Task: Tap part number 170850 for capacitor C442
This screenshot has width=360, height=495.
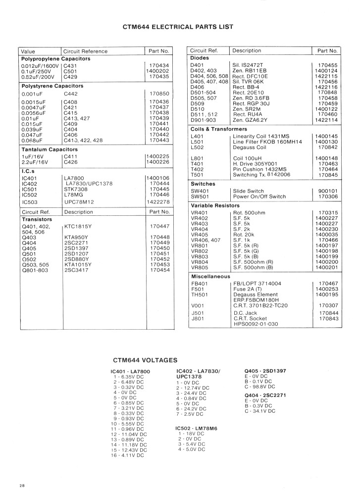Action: pyautogui.click(x=159, y=93)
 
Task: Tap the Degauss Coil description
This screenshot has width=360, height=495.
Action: pyautogui.click(x=250, y=147)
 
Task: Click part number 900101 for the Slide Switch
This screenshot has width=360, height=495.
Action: pyautogui.click(x=327, y=191)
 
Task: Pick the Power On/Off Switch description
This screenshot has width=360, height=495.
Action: pyautogui.click(x=260, y=197)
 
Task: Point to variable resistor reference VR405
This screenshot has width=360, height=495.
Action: pyautogui.click(x=199, y=234)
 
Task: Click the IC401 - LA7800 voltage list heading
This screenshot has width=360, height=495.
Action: pyautogui.click(x=130, y=371)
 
